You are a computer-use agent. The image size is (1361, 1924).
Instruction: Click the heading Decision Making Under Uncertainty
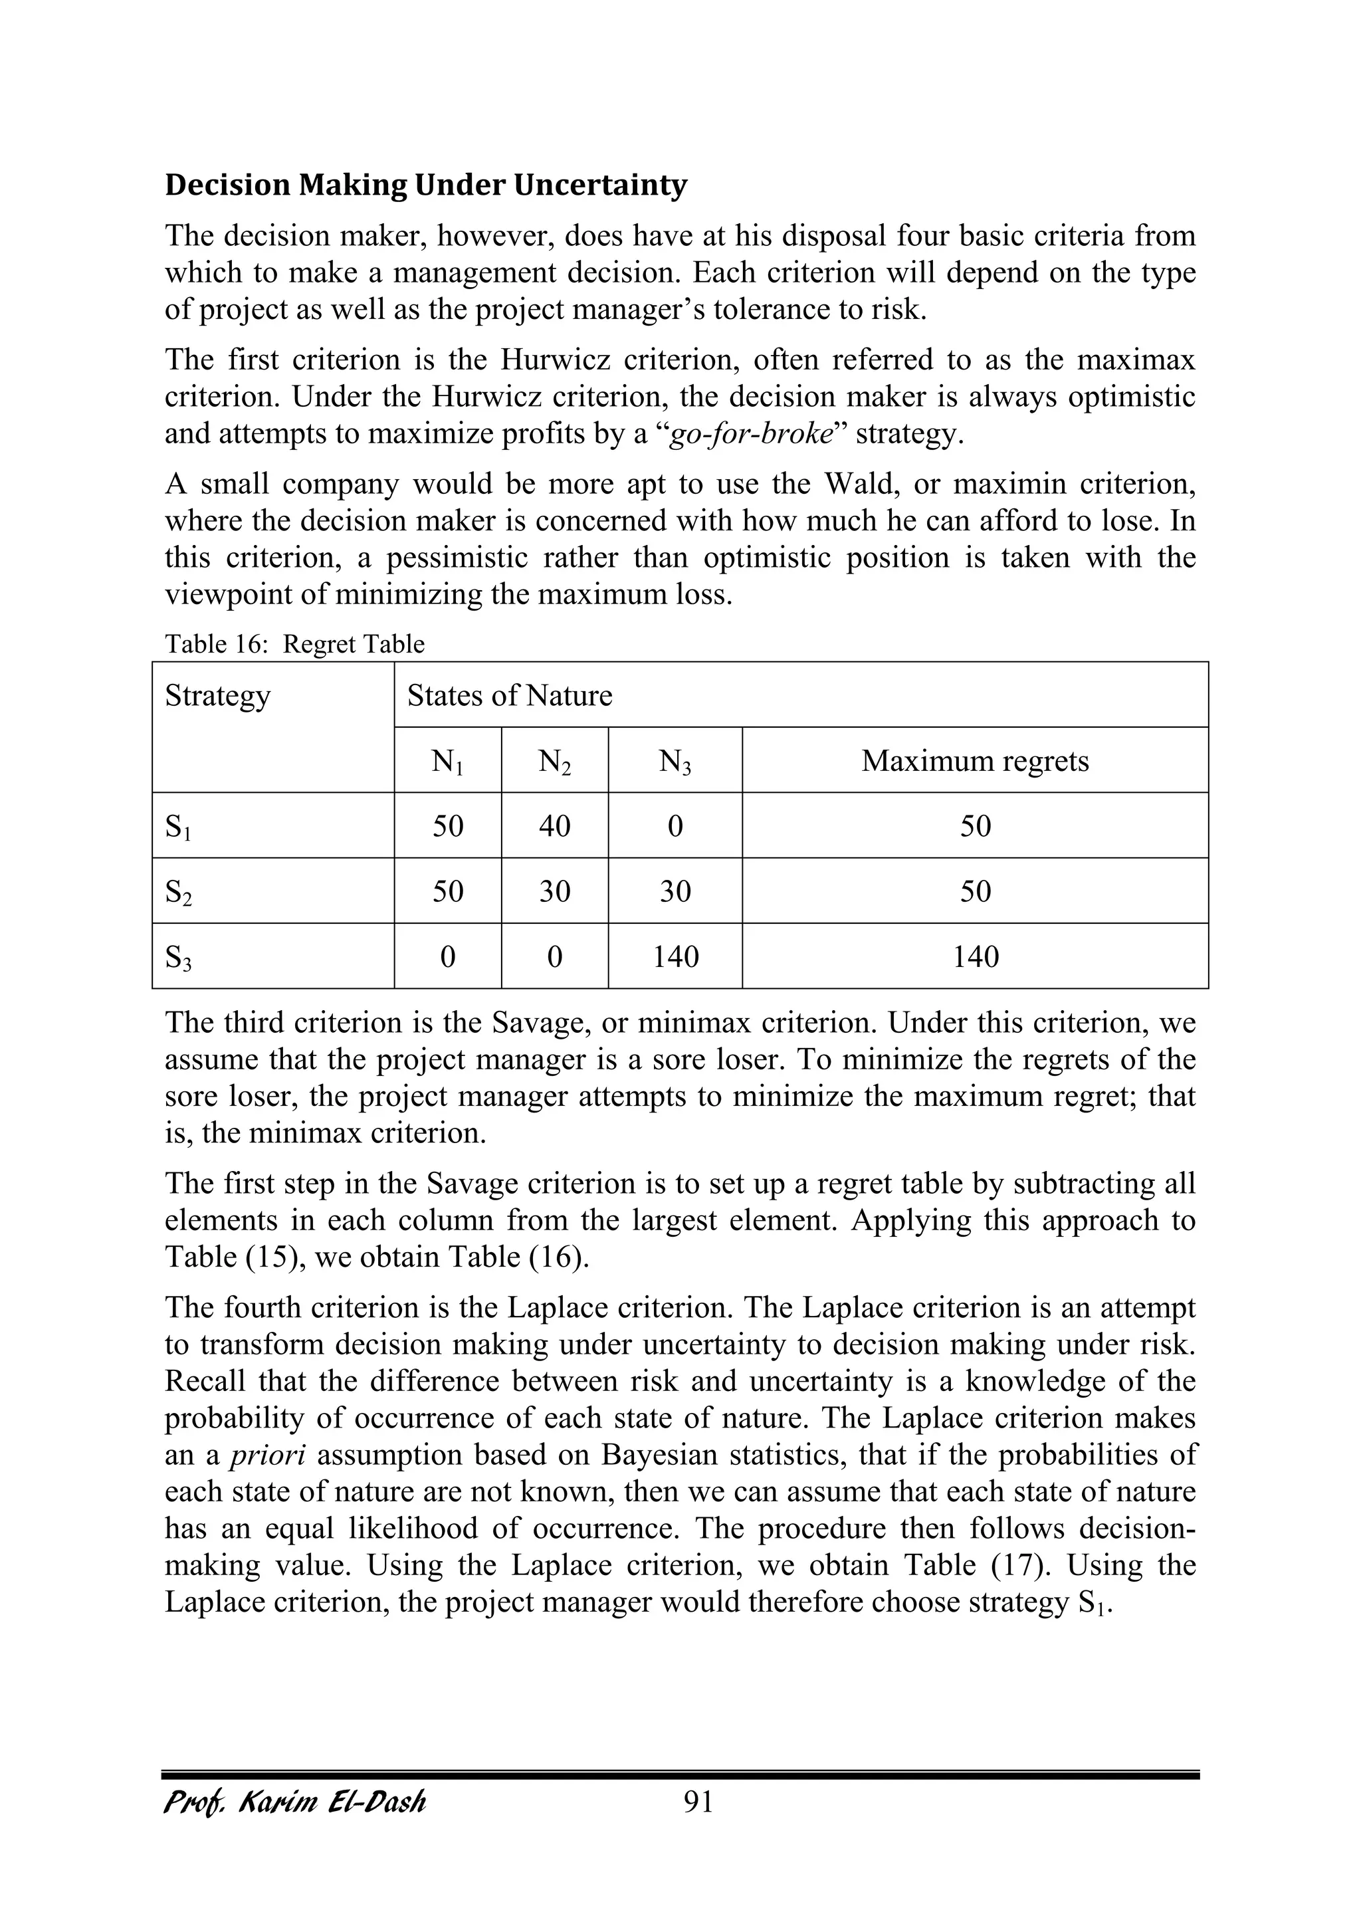click(426, 185)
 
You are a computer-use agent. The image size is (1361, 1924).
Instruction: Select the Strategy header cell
click(218, 696)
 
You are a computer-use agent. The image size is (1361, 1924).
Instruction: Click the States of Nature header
click(510, 696)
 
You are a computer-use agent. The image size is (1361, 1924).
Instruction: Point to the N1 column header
click(447, 761)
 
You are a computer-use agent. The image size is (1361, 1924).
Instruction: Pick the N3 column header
click(675, 761)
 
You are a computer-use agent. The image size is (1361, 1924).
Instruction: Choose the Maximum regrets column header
click(975, 761)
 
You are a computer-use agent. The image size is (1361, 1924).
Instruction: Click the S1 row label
click(177, 827)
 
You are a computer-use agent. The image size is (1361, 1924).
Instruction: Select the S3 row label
click(177, 957)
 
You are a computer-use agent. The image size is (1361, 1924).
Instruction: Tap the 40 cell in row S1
click(554, 826)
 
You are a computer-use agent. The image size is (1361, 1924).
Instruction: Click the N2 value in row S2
click(554, 891)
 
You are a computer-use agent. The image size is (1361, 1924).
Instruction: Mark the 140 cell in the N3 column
click(675, 956)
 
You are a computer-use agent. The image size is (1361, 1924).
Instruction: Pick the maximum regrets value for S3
click(975, 956)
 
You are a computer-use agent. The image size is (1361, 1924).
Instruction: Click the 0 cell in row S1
click(675, 826)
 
